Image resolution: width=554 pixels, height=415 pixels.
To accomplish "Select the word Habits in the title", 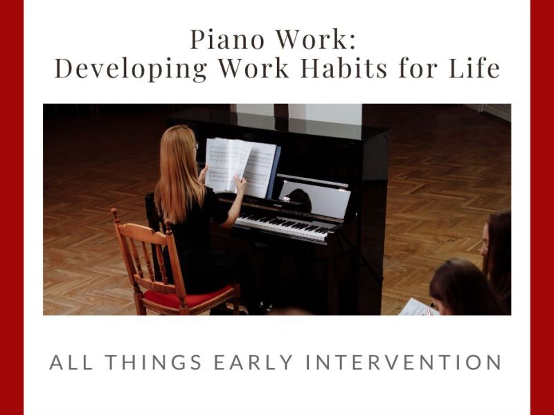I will (355, 69).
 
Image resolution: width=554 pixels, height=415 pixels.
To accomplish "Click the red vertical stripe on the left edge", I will (11, 207).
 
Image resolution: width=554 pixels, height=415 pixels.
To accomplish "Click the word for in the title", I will (423, 69).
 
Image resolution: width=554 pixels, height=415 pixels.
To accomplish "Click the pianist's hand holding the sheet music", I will (240, 183).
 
